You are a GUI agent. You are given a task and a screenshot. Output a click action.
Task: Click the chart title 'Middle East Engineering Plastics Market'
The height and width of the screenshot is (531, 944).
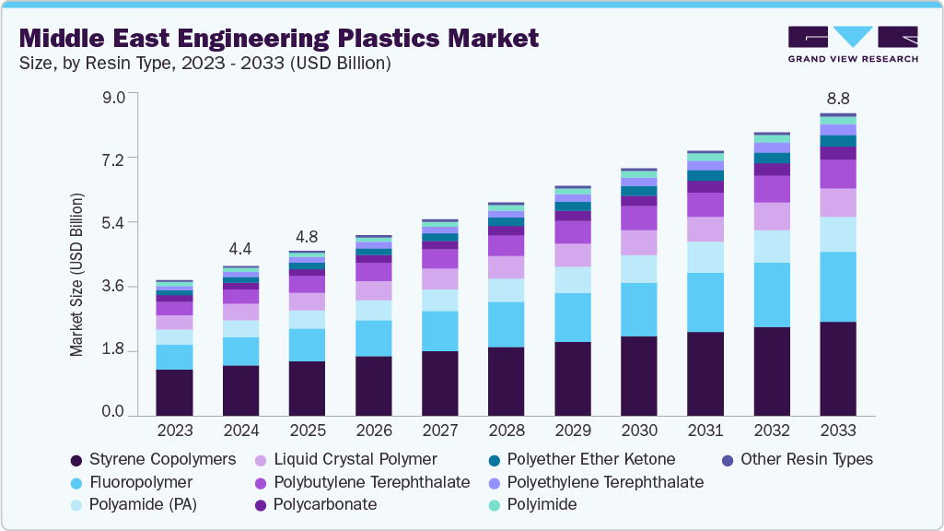278,39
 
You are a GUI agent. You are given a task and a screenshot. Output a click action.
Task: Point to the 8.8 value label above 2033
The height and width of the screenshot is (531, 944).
837,98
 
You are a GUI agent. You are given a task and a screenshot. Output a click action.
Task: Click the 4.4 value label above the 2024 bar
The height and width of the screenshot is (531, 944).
240,249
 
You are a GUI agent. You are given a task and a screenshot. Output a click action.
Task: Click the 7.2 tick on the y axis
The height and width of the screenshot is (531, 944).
113,159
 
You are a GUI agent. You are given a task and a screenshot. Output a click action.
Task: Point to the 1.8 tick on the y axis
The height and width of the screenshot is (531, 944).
113,351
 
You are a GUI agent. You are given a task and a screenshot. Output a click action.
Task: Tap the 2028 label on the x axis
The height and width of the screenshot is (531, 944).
506,431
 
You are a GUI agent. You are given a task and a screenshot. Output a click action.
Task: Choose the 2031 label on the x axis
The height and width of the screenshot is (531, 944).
705,431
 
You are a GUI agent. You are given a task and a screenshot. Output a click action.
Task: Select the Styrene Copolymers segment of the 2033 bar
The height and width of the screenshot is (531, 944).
837,369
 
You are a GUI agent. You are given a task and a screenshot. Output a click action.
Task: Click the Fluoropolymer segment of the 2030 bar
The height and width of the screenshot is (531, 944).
638,310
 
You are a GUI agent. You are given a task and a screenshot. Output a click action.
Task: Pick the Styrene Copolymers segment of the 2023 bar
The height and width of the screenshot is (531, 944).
174,393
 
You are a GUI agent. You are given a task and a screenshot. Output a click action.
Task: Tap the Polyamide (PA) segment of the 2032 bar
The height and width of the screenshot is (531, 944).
771,246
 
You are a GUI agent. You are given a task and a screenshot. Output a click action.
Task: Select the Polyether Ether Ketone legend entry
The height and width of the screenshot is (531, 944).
590,459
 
